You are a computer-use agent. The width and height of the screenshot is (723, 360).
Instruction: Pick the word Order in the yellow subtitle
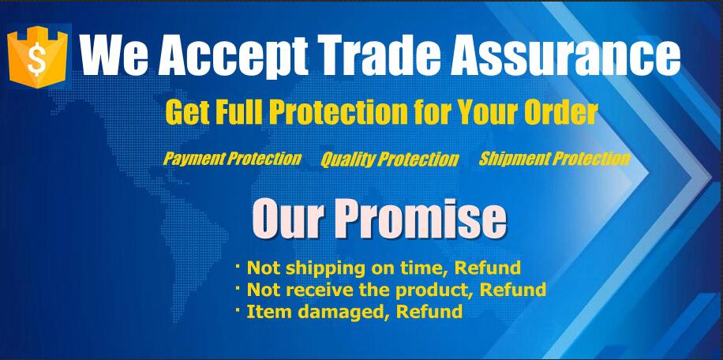562,111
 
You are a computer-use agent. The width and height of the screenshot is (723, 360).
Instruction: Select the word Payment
194,159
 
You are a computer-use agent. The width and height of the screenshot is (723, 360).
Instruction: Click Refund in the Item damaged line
429,312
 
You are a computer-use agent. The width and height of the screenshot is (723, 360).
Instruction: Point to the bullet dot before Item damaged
238,311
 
